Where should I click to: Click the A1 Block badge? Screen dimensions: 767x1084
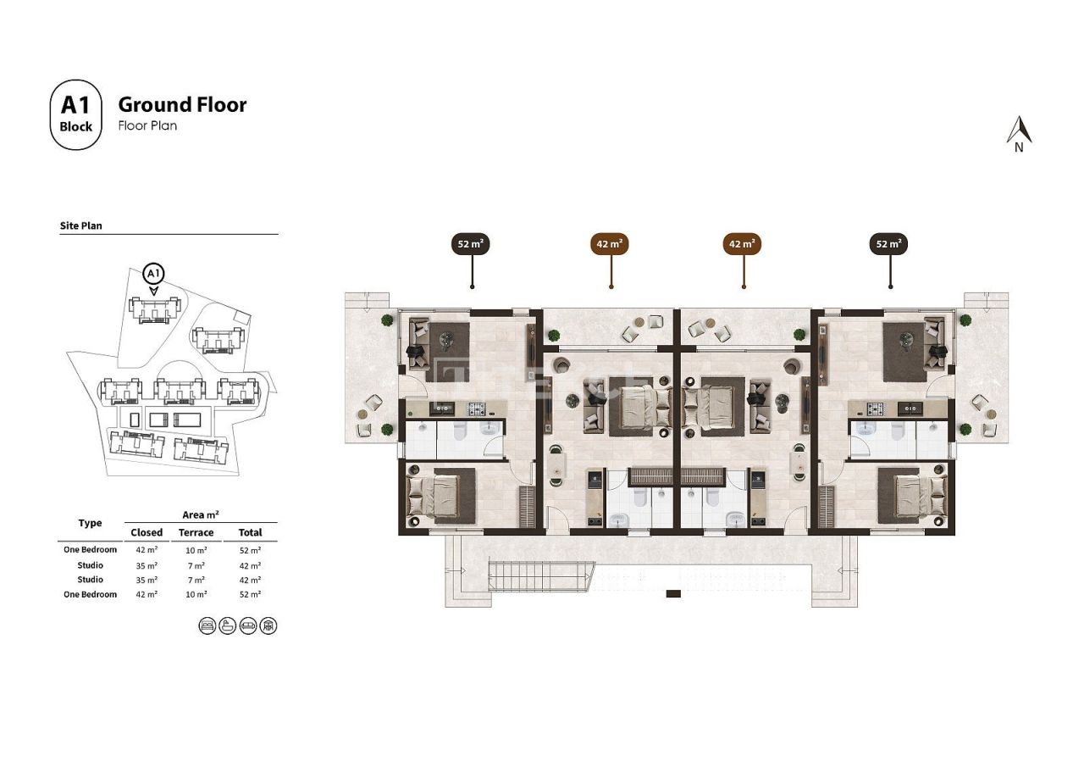(x=75, y=114)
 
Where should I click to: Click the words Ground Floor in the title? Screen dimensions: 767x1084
(x=182, y=104)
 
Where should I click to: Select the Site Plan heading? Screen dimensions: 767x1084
(x=81, y=226)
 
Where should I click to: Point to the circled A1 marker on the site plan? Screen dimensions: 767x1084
(x=153, y=274)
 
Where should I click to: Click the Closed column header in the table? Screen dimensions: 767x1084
(x=146, y=532)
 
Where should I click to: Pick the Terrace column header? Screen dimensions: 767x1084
(x=196, y=532)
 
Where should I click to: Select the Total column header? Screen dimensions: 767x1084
(x=250, y=532)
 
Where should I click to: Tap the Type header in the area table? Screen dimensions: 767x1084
(x=90, y=523)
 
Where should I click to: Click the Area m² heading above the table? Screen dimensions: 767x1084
(x=201, y=514)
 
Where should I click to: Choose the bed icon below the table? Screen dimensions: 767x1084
(x=207, y=625)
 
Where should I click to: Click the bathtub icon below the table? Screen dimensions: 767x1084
(x=228, y=625)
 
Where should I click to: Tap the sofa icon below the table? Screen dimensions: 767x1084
(x=248, y=625)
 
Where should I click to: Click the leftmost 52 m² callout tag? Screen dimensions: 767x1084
(x=471, y=244)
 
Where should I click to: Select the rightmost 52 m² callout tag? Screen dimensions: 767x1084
(x=889, y=244)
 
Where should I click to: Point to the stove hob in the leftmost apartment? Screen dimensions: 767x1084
(x=476, y=409)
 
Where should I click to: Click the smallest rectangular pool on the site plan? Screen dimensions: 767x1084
(x=130, y=419)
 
